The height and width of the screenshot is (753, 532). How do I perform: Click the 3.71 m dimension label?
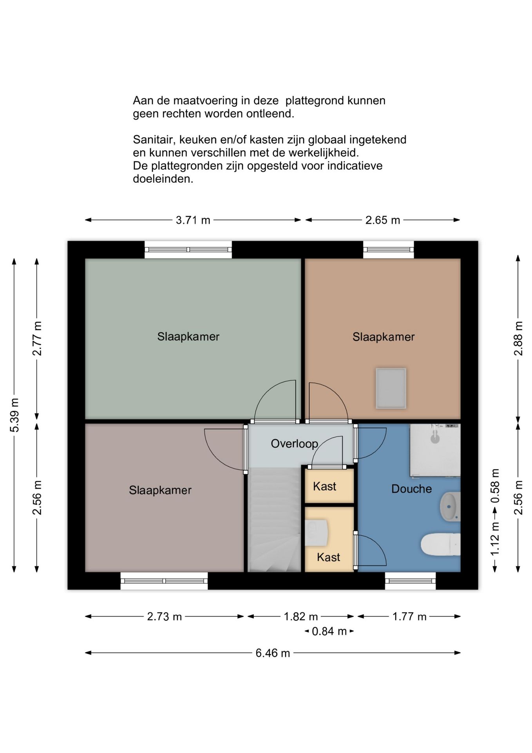pos(193,220)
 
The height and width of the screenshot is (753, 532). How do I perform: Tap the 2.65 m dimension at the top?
pos(382,220)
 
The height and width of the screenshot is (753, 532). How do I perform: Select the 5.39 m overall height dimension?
pos(14,415)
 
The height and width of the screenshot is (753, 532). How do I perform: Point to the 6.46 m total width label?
pos(273,653)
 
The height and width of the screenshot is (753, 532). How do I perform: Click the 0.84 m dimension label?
pos(329,631)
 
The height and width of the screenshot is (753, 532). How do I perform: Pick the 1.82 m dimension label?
pos(300,617)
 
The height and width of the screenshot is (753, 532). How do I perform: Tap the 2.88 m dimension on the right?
pos(518,338)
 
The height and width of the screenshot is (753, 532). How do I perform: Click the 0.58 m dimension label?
pos(495,486)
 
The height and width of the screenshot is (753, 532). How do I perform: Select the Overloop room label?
pos(294,444)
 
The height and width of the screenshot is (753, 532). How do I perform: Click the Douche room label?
pos(411,489)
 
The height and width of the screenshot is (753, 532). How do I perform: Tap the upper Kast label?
pos(324,486)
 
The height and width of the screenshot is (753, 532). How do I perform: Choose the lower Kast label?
pos(328,557)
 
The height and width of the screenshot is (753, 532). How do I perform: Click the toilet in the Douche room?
pos(440,544)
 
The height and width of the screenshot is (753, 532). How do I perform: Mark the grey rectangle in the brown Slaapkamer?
pos(391,388)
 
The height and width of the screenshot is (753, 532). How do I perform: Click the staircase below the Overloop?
pos(274,520)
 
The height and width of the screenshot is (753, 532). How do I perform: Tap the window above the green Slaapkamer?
pos(188,249)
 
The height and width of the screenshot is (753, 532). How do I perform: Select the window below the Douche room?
pos(410,580)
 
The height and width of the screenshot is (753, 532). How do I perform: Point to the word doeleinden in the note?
pos(163,179)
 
